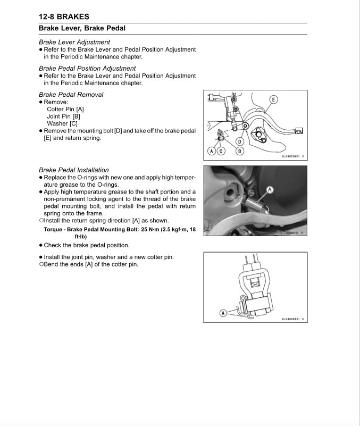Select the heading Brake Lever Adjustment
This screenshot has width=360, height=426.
[74, 42]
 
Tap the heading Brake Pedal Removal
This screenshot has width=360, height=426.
[71, 95]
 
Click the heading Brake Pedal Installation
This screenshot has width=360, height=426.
[74, 170]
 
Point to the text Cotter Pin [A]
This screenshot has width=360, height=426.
[65, 109]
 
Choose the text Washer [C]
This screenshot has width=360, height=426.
[62, 123]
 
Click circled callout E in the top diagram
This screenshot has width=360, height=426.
[273, 99]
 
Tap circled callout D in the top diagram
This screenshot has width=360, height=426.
[240, 141]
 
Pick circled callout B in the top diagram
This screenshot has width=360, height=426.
[240, 151]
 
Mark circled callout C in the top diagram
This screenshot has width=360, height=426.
[221, 151]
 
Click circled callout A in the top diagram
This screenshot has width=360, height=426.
[212, 151]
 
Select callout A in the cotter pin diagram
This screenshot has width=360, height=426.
[223, 313]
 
